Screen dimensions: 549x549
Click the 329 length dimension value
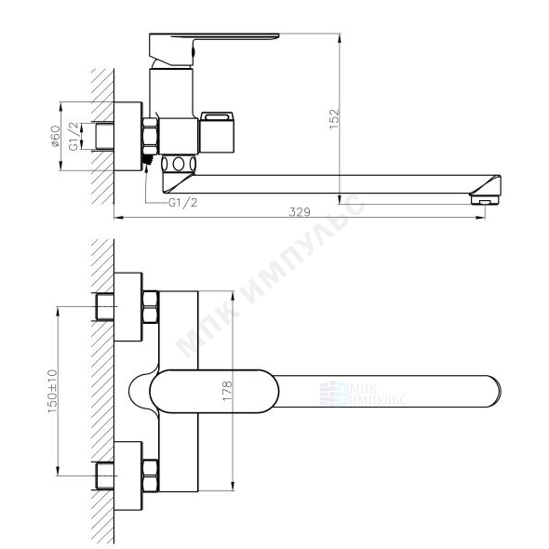[x=300, y=212]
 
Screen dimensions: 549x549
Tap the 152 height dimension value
[x=335, y=119]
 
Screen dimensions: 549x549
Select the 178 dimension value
[x=227, y=391]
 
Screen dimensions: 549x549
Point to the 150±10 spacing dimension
[x=52, y=391]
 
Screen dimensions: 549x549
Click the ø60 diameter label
[x=55, y=136]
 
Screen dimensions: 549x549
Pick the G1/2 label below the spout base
[x=182, y=202]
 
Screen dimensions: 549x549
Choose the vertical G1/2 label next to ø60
[x=74, y=136]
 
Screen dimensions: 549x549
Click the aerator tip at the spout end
[x=485, y=200]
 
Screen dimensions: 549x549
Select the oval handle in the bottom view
[x=214, y=391]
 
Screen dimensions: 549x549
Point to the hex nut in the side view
[x=150, y=136]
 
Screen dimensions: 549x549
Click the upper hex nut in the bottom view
[x=150, y=306]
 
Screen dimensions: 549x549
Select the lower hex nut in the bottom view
[x=150, y=475]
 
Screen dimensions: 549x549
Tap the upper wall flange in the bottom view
[x=128, y=307]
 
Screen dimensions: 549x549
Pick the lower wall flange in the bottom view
[x=128, y=475]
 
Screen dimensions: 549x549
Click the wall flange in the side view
[x=128, y=136]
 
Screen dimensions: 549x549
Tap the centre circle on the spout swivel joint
[x=179, y=164]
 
